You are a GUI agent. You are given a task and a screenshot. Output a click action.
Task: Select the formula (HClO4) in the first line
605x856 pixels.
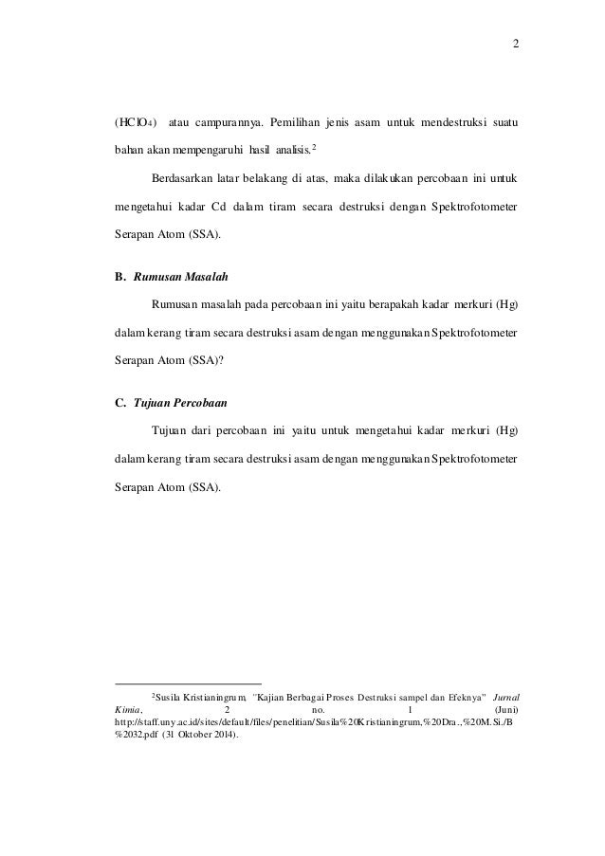(132, 122)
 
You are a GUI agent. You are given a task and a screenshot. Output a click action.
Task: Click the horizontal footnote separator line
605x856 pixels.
(187, 683)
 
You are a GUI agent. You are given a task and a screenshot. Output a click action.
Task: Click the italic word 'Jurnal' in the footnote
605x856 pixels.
(504, 697)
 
